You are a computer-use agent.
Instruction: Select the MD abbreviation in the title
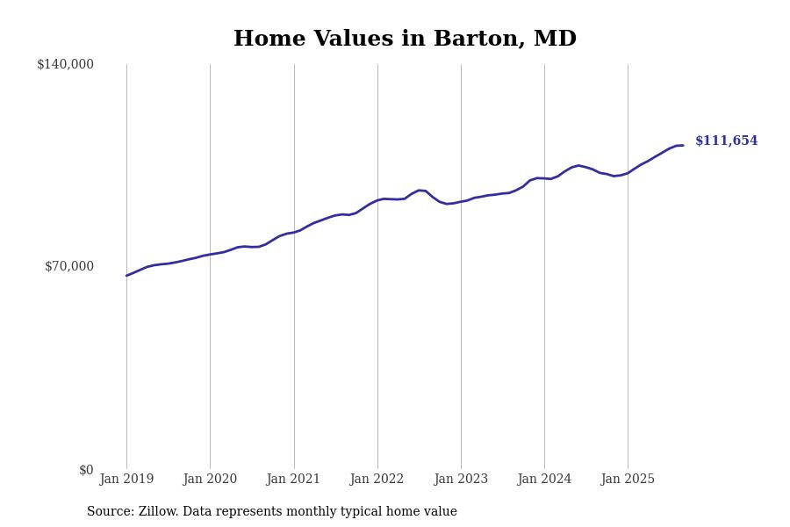click(x=557, y=40)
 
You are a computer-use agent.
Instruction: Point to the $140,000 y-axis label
click(x=65, y=64)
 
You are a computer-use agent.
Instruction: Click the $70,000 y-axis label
click(x=69, y=266)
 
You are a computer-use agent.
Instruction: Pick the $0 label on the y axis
click(x=86, y=470)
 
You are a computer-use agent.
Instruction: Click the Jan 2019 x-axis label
click(x=126, y=479)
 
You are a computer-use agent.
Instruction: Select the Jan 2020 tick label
click(x=210, y=479)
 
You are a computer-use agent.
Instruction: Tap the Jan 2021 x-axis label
click(x=294, y=479)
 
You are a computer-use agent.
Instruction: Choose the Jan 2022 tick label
click(x=377, y=479)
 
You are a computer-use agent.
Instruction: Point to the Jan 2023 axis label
click(x=461, y=479)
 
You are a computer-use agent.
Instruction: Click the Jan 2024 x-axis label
click(x=544, y=479)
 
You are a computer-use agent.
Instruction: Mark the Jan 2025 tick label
click(x=628, y=479)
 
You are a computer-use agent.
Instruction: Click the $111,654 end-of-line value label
click(x=726, y=141)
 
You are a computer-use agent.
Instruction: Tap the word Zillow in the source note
click(x=157, y=512)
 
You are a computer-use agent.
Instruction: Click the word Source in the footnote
click(x=110, y=512)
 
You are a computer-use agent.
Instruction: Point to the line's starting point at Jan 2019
click(x=126, y=276)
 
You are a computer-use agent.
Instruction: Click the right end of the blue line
click(x=683, y=145)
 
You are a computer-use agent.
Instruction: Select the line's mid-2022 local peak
click(x=421, y=190)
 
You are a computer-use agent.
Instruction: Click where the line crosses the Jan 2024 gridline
click(x=544, y=178)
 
